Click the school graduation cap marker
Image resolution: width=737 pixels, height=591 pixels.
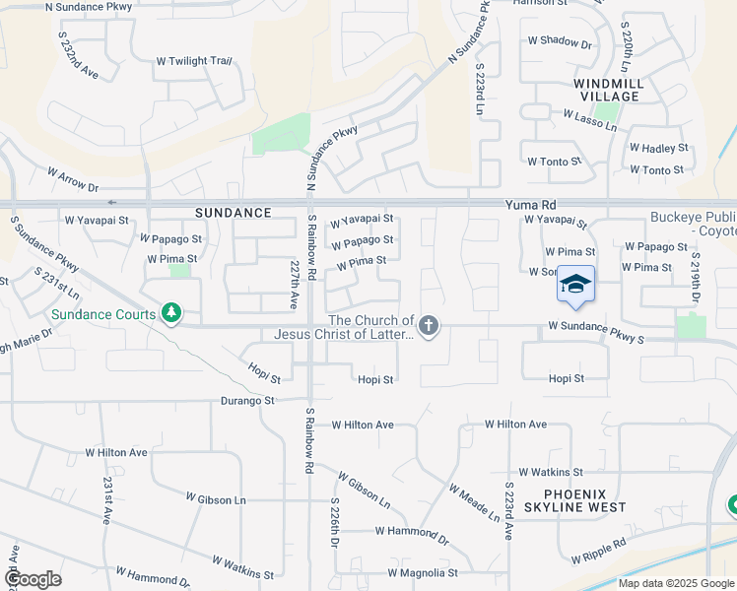(x=576, y=285)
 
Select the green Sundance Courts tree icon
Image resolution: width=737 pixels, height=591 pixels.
(x=172, y=313)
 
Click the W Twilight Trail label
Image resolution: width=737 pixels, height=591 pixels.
(x=194, y=61)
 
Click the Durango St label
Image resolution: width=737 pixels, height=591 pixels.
(x=247, y=401)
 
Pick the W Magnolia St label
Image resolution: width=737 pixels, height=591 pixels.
(x=423, y=572)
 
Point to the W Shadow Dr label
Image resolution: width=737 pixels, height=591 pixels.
(x=560, y=42)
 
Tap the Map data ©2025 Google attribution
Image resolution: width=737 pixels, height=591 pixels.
(x=676, y=583)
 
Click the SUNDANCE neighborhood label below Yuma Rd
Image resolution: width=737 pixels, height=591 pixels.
(x=233, y=213)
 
